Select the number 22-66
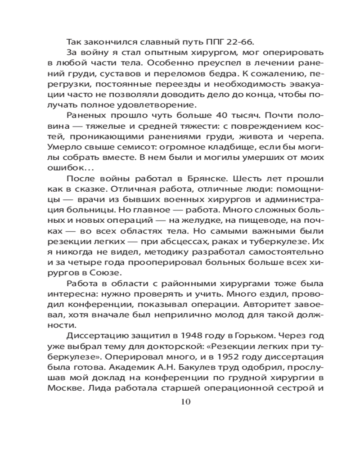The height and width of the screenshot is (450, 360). [234, 43]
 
